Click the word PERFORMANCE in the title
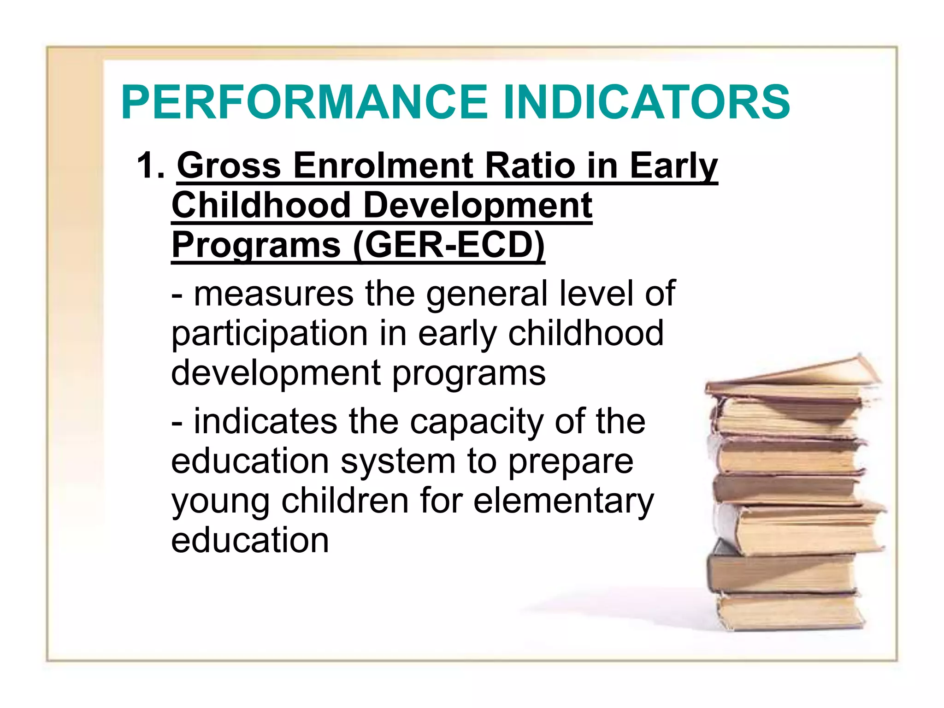[304, 102]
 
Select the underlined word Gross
[229, 166]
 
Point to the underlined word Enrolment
[383, 166]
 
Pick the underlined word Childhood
[261, 206]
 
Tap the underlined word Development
[478, 206]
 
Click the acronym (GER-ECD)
[449, 245]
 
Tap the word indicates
[265, 421]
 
